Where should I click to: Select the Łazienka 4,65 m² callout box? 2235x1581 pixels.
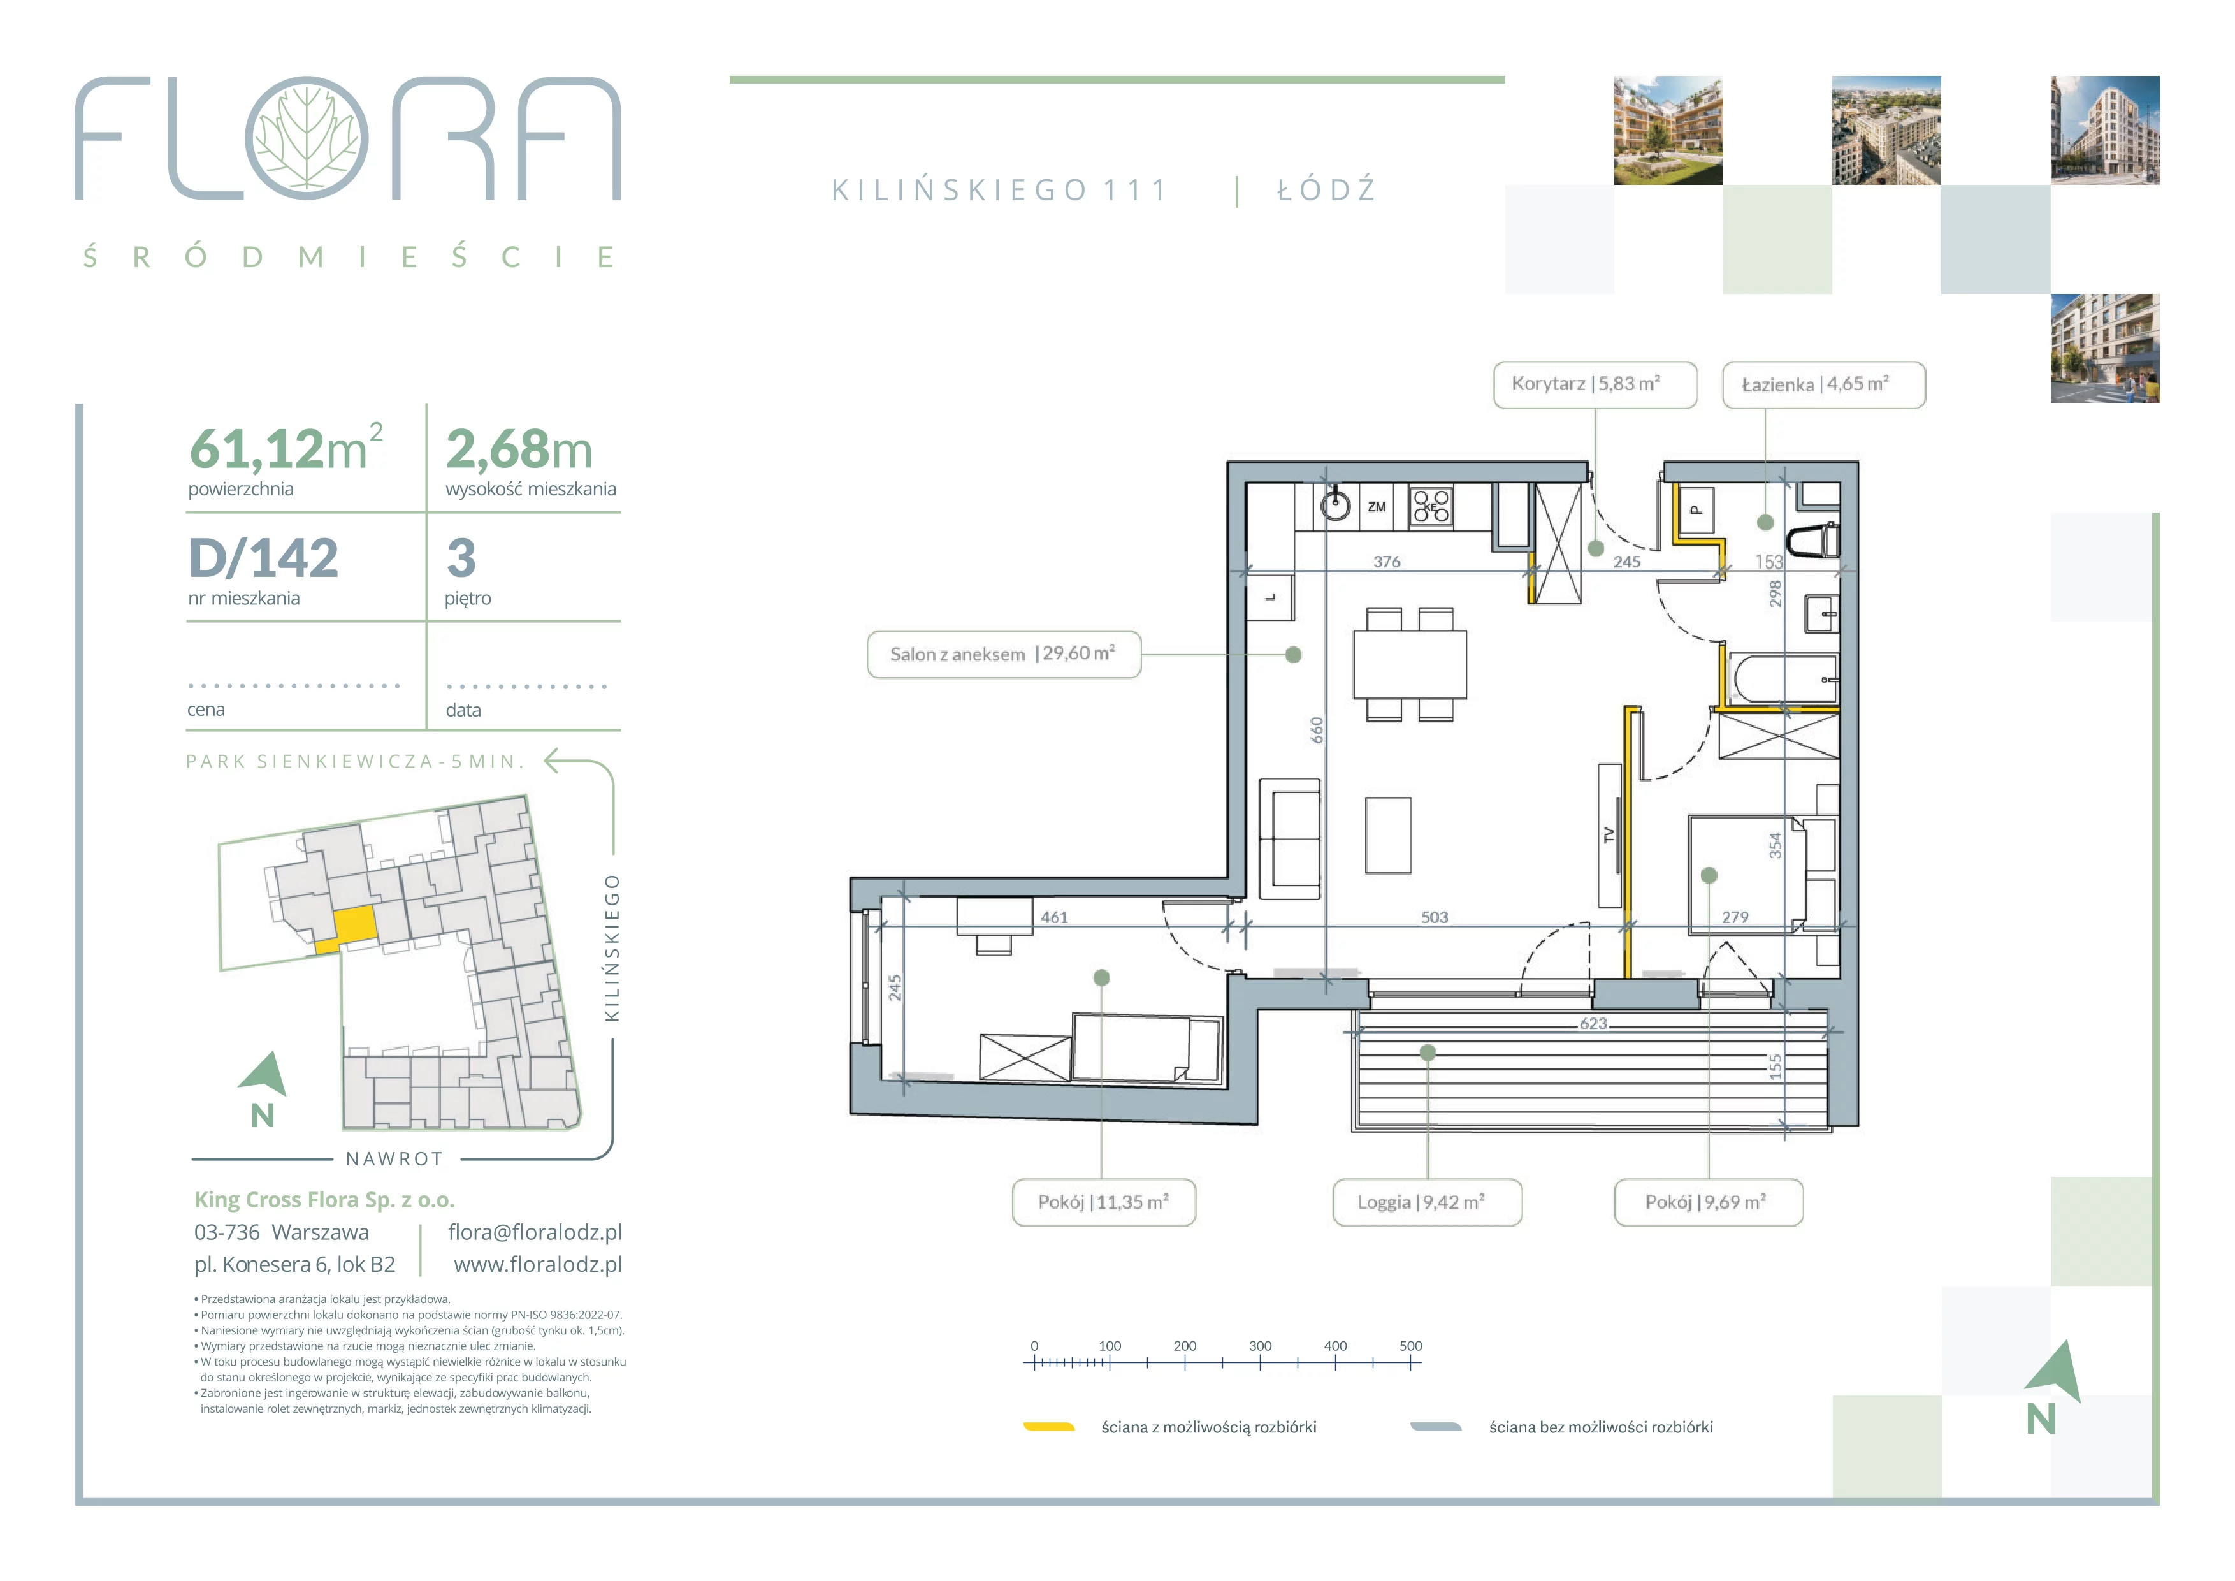[1823, 384]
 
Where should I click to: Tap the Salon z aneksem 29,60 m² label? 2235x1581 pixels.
[1002, 654]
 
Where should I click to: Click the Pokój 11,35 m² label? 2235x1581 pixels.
[1103, 1202]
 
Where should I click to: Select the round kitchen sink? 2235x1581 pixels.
[1336, 506]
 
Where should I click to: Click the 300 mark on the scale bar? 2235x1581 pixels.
[1260, 1346]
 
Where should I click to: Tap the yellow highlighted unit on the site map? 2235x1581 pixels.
[354, 924]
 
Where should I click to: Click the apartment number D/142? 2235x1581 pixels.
[264, 558]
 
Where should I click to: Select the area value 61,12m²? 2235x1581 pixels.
[286, 448]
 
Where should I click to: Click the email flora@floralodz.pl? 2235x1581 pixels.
[535, 1232]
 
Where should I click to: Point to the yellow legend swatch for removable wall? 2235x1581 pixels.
[1048, 1427]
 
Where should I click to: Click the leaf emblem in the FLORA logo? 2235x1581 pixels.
[307, 138]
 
